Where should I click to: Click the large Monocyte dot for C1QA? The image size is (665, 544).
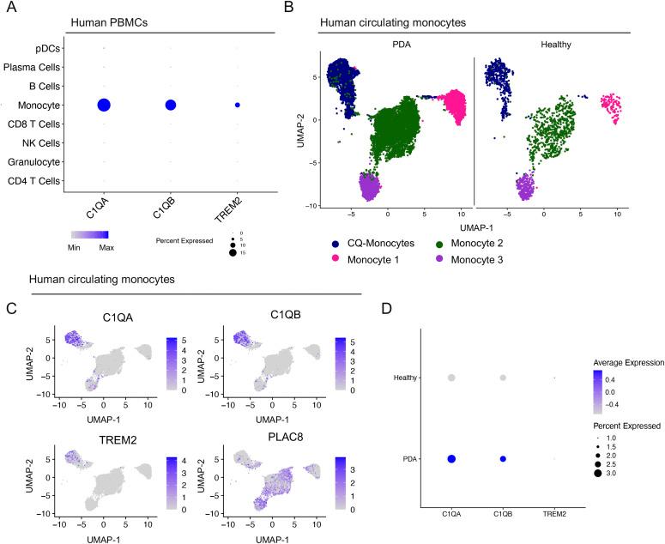coord(104,105)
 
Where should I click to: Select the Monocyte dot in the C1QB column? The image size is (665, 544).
coord(170,105)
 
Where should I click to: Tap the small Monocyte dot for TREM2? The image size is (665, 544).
coord(237,105)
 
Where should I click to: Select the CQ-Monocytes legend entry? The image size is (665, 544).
coord(381,244)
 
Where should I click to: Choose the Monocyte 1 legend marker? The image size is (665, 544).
coord(336,259)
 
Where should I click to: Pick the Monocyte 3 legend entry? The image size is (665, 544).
coord(511,259)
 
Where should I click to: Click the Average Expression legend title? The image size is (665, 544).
coord(621,362)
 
